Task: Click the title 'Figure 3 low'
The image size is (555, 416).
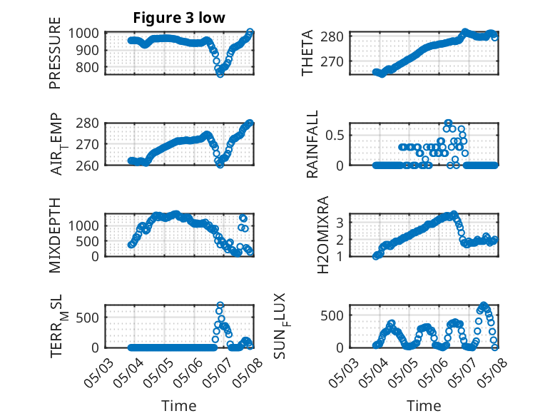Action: click(179, 18)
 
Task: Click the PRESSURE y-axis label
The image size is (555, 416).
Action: click(55, 53)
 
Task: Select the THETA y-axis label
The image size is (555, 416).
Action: click(307, 53)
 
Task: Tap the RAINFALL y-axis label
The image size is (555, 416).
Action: click(312, 144)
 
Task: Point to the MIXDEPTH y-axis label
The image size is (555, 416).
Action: click(55, 235)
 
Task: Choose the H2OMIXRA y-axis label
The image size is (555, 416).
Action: click(323, 235)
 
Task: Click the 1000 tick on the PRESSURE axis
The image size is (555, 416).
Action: click(83, 34)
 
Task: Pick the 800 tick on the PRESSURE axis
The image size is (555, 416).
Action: click(88, 67)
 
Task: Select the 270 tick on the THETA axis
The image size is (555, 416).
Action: click(332, 61)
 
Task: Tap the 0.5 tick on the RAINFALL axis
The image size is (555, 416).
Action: click(335, 136)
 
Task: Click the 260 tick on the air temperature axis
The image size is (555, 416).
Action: click(88, 166)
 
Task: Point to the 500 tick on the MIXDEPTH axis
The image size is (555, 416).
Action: click(88, 241)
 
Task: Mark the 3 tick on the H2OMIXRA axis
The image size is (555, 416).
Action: click(340, 223)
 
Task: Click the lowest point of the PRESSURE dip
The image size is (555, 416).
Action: click(220, 73)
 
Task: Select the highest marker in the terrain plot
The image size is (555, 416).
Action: click(220, 305)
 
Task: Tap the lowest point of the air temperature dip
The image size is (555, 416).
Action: click(220, 164)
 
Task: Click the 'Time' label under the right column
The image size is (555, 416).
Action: click(424, 405)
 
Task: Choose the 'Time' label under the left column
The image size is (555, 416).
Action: click(179, 405)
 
